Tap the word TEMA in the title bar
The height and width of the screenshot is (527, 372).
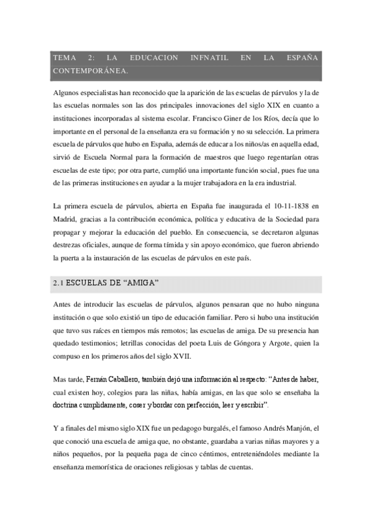point(65,58)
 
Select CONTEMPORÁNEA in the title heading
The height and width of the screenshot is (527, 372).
point(91,70)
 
